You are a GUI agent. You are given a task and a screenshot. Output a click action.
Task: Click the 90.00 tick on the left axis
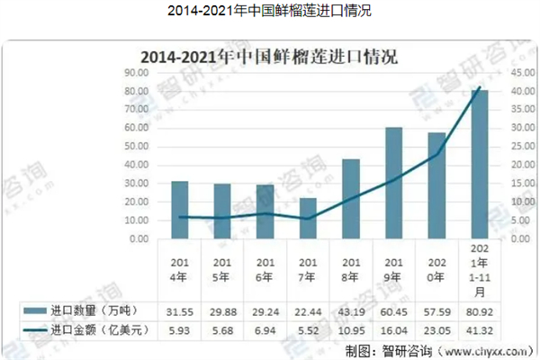[136, 72]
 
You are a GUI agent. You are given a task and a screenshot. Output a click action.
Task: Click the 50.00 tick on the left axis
[136, 147]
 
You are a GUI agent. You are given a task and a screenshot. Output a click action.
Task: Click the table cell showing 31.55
[180, 311]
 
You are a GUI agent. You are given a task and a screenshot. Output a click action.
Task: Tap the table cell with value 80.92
[480, 311]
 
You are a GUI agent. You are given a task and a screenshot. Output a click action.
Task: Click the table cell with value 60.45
[394, 311]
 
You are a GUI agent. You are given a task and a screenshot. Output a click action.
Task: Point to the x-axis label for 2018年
[351, 271]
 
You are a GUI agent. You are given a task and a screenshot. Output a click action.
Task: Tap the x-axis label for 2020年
[436, 271]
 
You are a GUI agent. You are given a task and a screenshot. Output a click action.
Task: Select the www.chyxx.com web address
[481, 351]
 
